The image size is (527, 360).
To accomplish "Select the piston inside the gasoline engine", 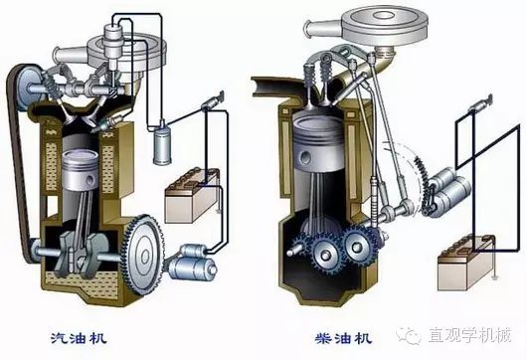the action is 81,171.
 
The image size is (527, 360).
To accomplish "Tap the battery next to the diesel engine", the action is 466,263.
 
